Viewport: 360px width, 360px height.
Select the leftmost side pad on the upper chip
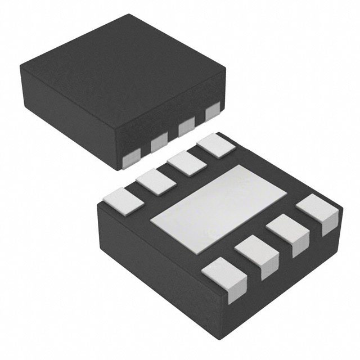[131, 159]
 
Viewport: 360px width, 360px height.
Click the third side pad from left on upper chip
[186, 128]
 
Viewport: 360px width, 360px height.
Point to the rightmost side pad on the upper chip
[212, 112]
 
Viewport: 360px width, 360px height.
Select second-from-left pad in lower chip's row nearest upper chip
[154, 182]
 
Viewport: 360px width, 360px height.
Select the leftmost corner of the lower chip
[97, 208]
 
